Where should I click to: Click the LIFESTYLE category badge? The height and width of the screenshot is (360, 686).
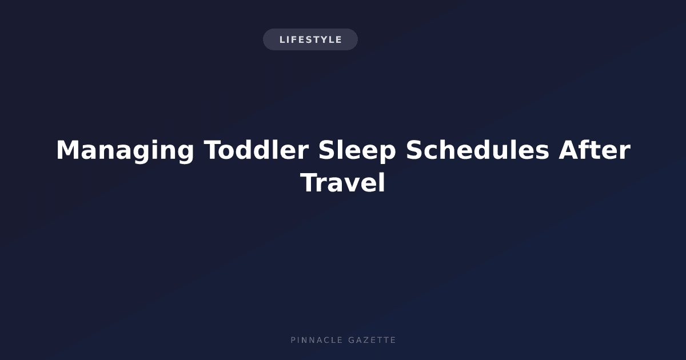310,39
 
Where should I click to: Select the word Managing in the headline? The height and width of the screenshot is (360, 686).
125,150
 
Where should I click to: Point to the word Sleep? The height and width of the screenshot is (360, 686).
357,151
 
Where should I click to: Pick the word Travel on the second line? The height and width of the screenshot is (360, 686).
342,182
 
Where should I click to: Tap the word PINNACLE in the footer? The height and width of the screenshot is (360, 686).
317,340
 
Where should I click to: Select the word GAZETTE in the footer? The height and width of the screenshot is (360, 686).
372,340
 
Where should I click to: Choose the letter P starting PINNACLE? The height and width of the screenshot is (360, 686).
293,340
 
